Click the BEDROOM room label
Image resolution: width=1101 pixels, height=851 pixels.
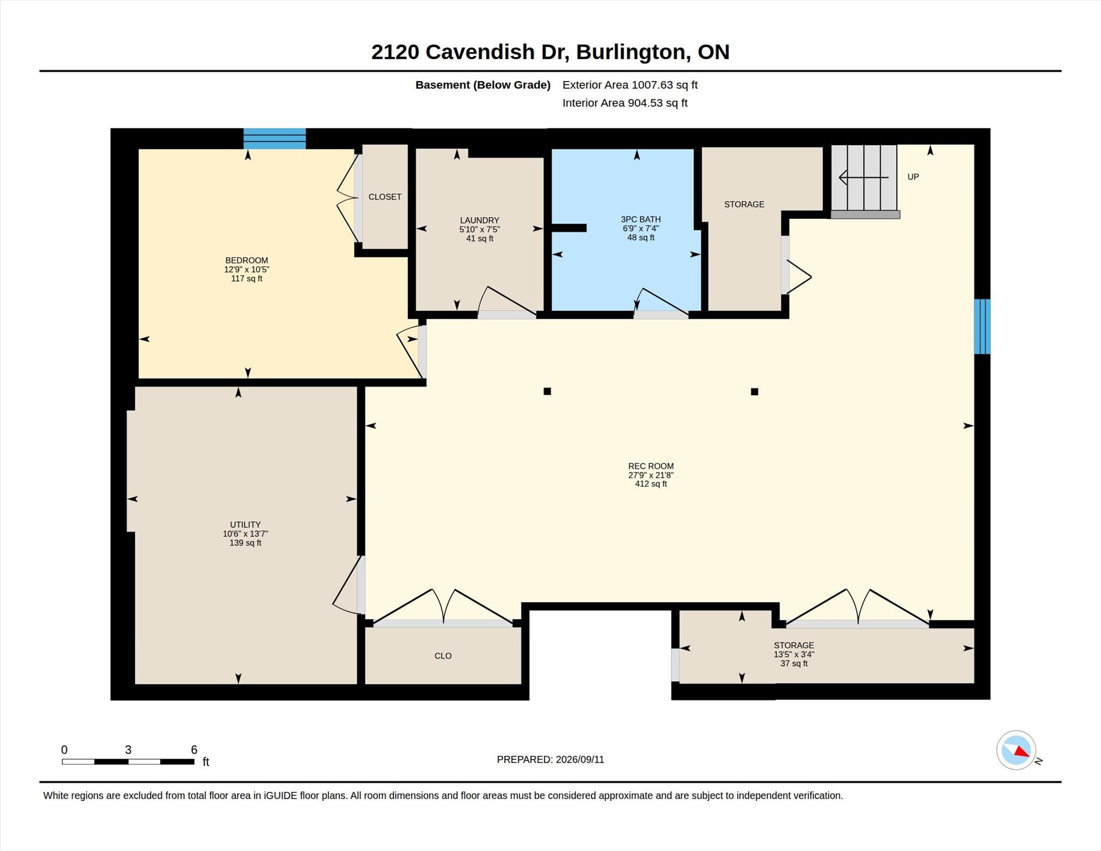point(247,261)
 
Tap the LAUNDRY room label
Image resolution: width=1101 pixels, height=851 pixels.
point(480,220)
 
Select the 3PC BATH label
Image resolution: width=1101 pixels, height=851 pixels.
point(641,219)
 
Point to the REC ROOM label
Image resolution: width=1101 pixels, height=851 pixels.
point(651,466)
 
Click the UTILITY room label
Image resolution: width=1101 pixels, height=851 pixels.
point(245,525)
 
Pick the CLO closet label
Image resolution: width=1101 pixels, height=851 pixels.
point(443,656)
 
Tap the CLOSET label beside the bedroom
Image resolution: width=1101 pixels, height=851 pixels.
point(385,197)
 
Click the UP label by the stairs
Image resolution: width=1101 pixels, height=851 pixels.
point(913,177)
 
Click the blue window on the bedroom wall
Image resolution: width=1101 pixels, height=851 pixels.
point(275,138)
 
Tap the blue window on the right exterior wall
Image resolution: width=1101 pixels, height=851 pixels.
point(982,326)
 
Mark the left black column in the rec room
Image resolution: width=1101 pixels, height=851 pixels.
point(547,391)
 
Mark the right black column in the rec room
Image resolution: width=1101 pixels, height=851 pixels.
point(755,392)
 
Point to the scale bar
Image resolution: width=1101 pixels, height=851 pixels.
point(128,761)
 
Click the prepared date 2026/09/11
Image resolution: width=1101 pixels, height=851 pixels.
point(580,760)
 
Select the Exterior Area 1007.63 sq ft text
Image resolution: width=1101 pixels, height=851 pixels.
point(630,85)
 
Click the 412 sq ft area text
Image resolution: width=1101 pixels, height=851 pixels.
point(651,484)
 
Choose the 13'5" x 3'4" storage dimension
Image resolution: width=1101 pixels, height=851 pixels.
point(794,654)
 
